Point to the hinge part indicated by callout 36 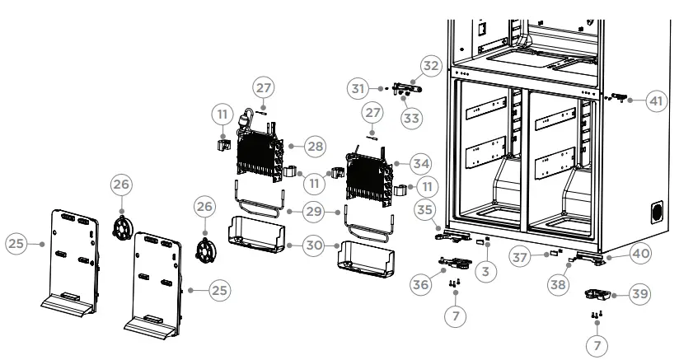click(x=456, y=263)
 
